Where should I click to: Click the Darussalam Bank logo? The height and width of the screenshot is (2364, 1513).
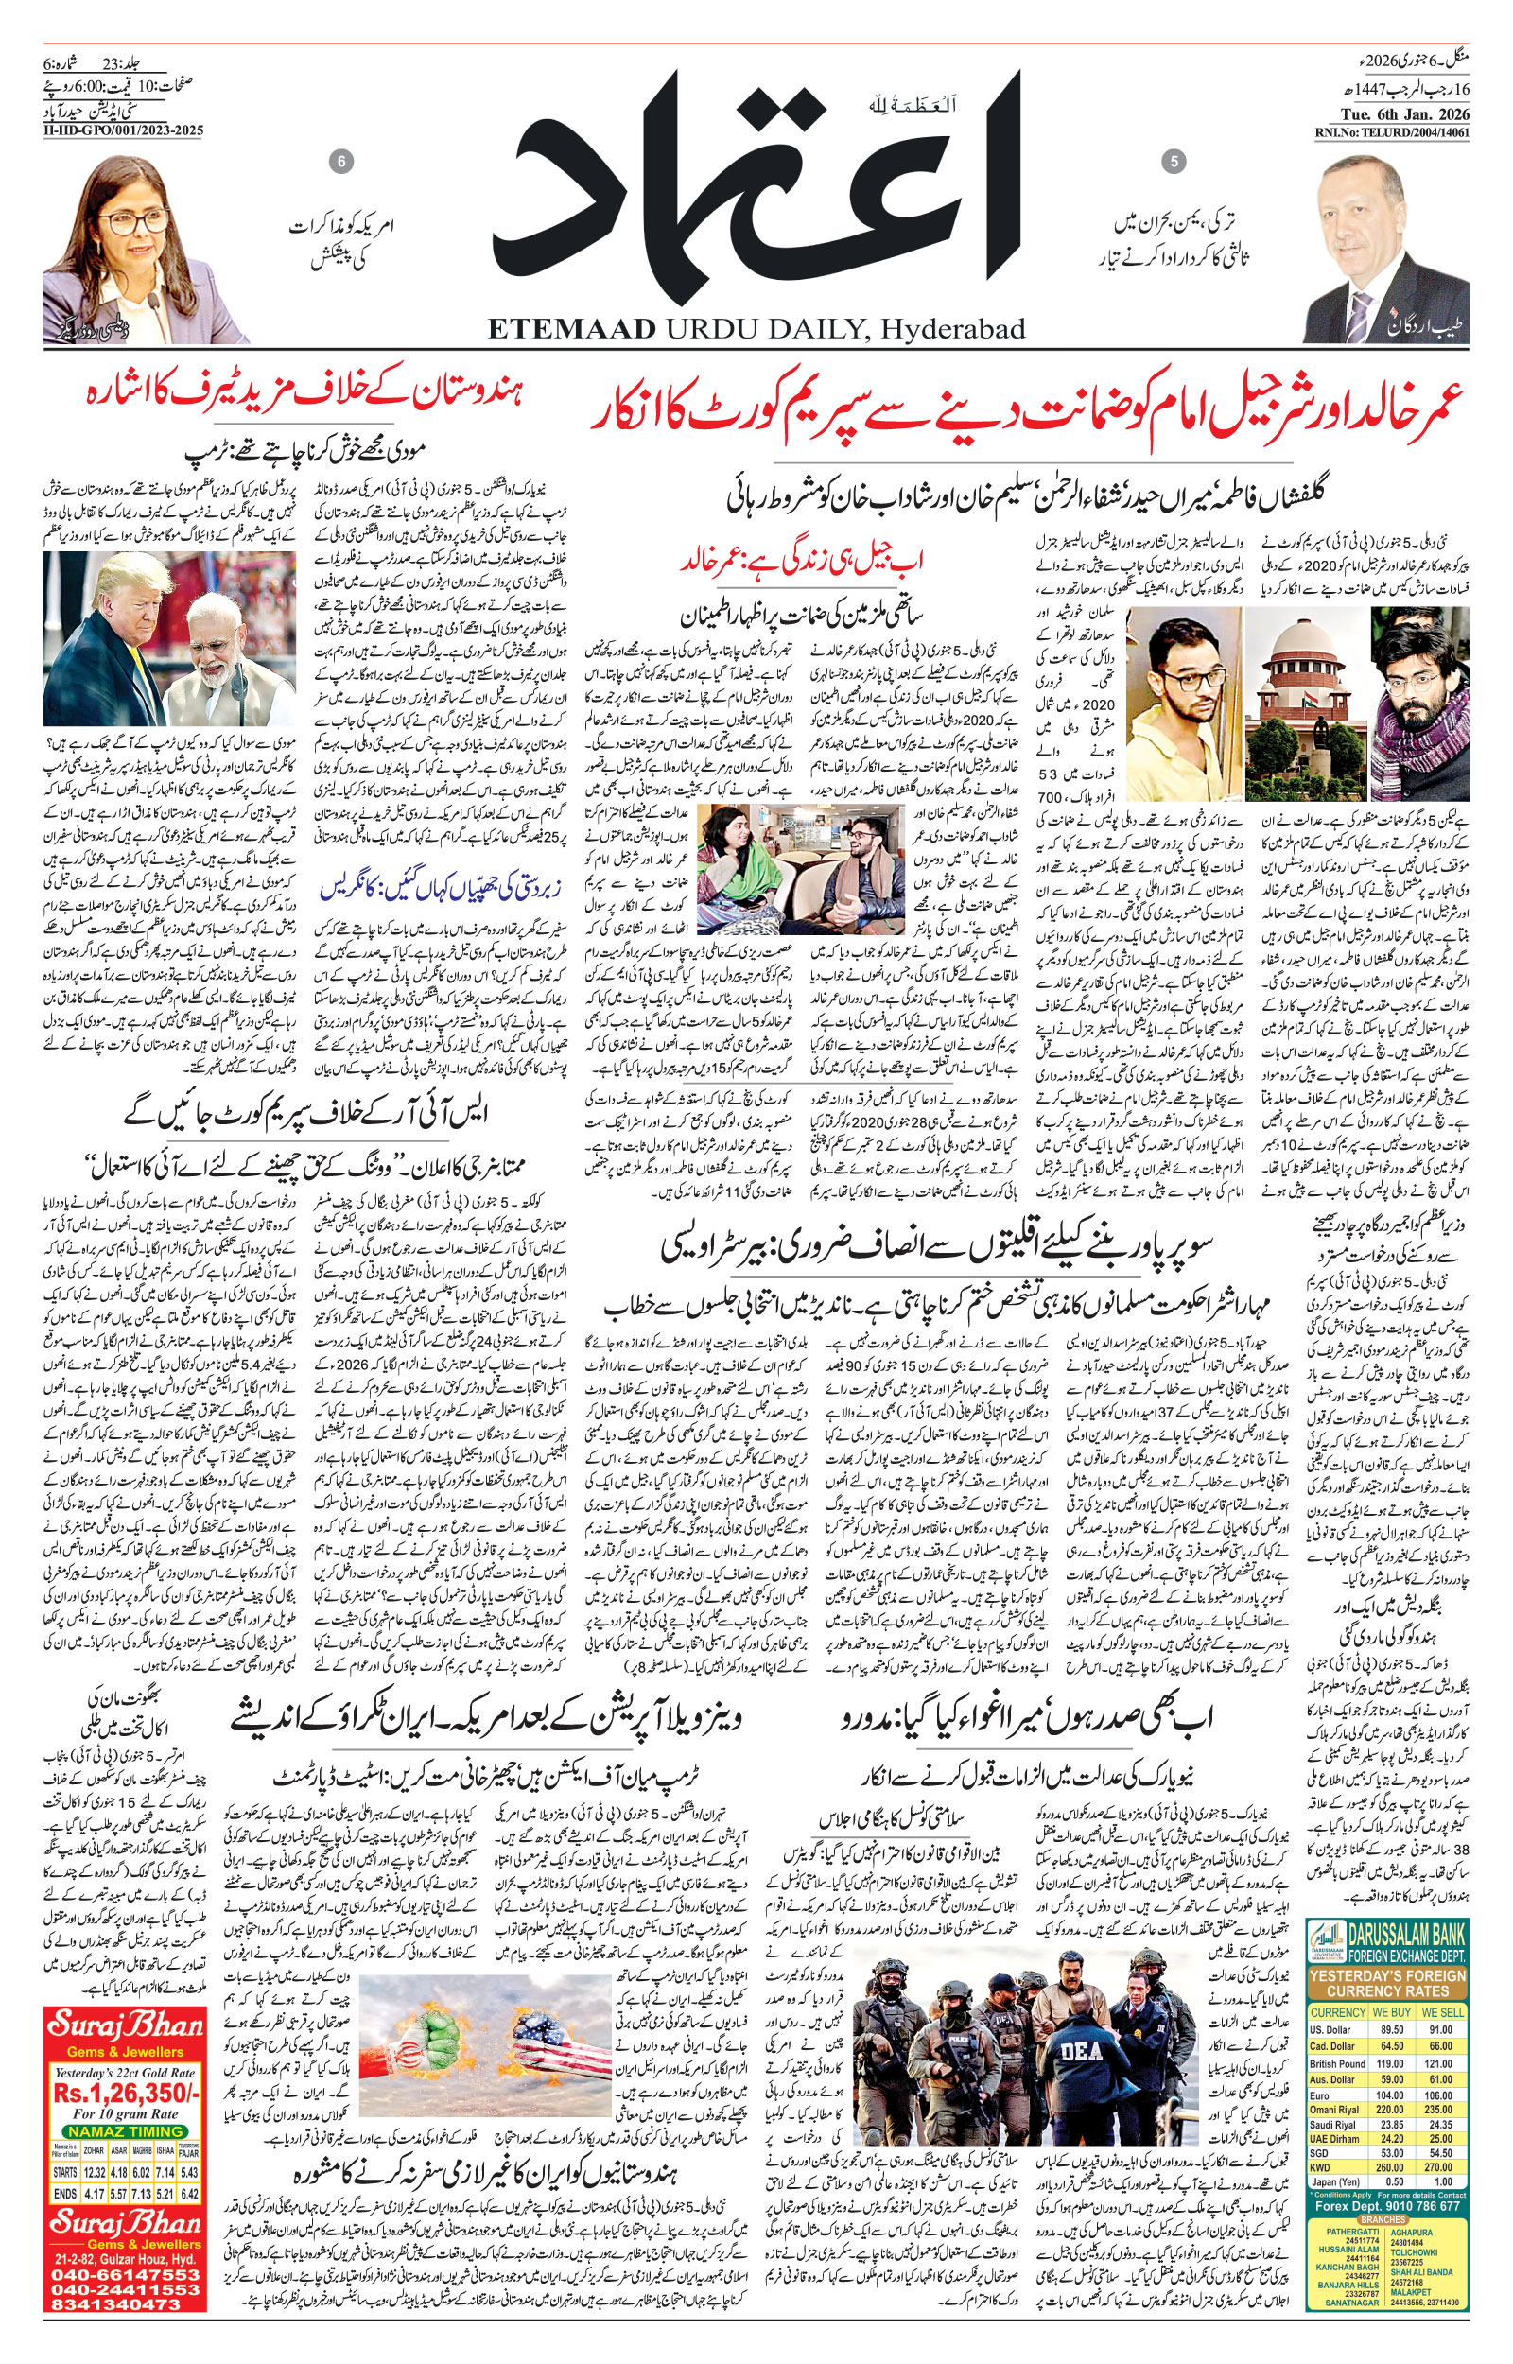coord(1328,1938)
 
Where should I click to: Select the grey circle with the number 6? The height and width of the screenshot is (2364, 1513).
coord(339,161)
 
